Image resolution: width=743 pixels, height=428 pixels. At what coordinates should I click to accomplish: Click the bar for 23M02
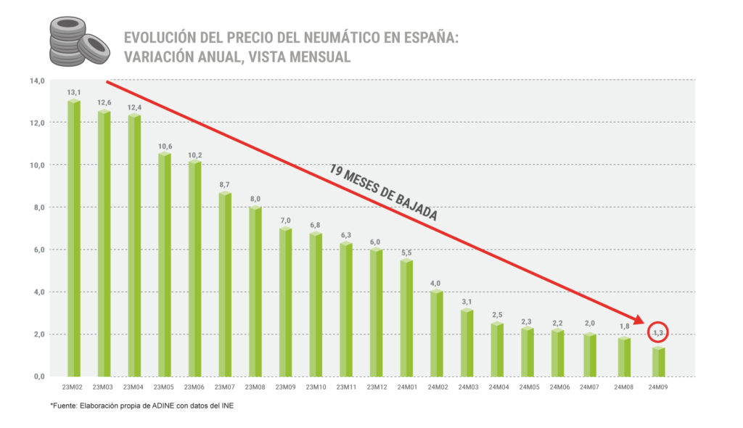click(74, 239)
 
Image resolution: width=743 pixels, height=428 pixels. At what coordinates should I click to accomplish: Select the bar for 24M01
click(406, 319)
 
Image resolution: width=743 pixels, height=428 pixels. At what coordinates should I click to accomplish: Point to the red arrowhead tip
click(646, 324)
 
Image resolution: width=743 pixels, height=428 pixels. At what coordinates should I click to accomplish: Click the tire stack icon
click(78, 41)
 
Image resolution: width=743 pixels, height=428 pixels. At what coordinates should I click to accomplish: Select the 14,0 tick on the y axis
click(36, 81)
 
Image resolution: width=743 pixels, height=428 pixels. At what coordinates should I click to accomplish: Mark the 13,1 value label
click(73, 92)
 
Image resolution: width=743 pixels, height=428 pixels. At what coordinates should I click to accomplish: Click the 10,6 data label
click(164, 147)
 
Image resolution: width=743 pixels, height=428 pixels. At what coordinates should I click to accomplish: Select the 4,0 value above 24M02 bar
click(436, 283)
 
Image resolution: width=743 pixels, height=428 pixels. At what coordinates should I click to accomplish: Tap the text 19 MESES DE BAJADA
click(383, 193)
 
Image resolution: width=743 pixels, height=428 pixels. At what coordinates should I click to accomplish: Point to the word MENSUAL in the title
click(314, 57)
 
